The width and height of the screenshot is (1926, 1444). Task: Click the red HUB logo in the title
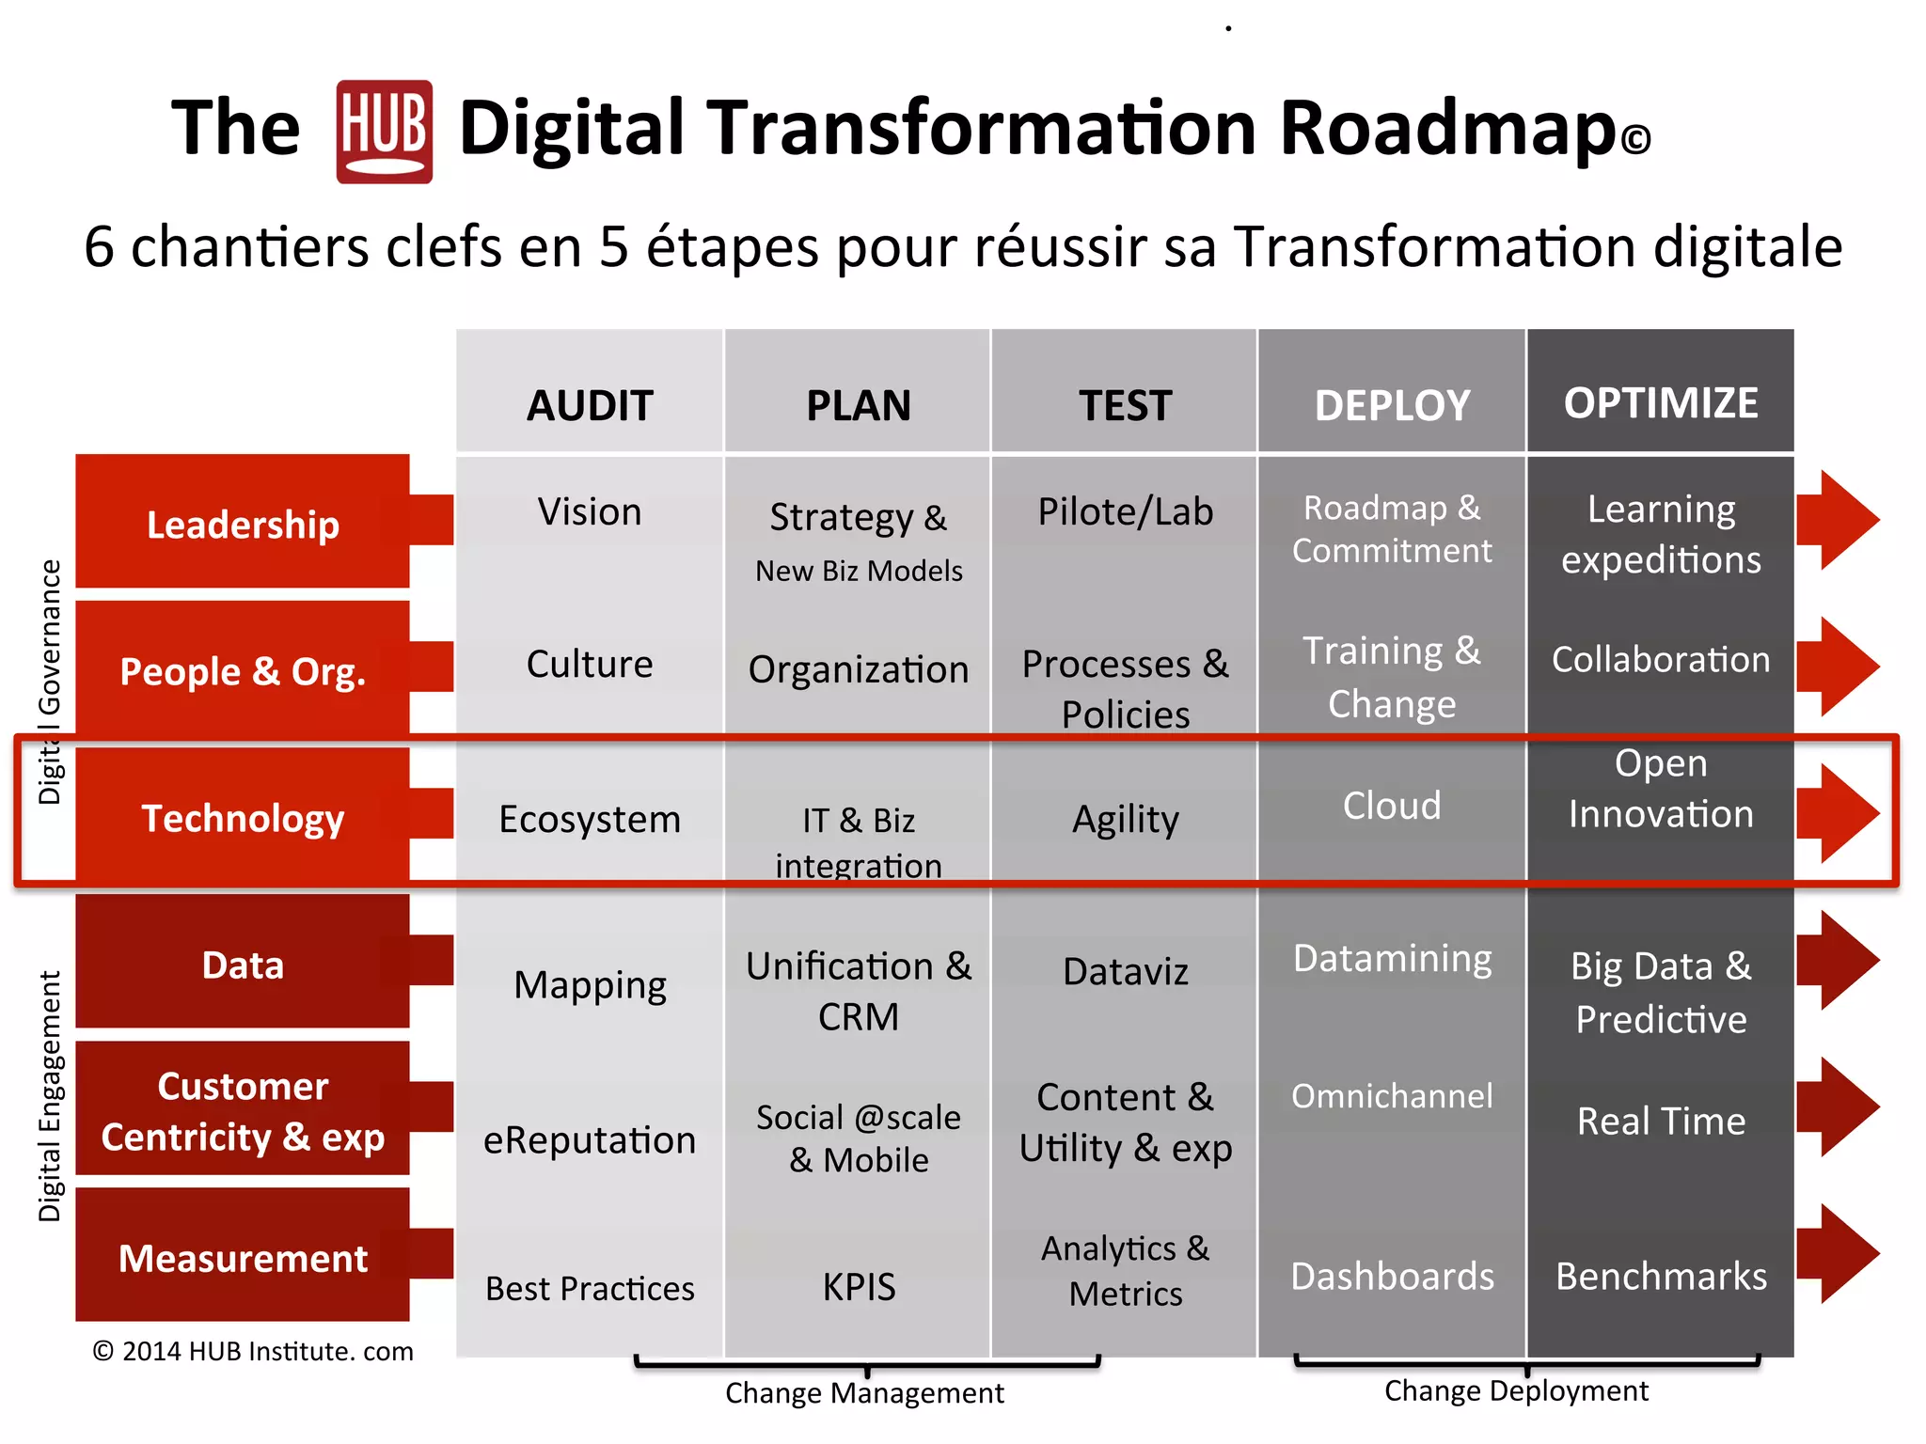coord(384,132)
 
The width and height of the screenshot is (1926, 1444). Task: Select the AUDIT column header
coord(590,405)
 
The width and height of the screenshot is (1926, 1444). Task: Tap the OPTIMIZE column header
coord(1661,403)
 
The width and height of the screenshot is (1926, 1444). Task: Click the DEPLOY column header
coord(1392,405)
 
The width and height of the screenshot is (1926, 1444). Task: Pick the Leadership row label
coord(243,524)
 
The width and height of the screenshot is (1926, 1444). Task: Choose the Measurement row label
coord(243,1258)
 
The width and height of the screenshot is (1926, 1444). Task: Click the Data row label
coord(243,965)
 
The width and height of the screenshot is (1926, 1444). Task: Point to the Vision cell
coord(590,512)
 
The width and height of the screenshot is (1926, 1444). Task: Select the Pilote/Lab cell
coord(1125,512)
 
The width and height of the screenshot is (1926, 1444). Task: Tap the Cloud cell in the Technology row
coord(1392,806)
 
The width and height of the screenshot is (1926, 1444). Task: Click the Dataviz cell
coord(1125,971)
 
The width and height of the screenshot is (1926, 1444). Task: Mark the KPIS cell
coord(859,1286)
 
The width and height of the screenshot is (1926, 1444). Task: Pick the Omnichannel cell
coord(1392,1096)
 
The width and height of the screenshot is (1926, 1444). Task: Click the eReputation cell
coord(590,1140)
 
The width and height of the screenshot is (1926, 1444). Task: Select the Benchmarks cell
coord(1661,1277)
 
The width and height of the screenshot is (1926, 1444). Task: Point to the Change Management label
coord(864,1393)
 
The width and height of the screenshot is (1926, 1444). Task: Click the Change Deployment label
coord(1516,1390)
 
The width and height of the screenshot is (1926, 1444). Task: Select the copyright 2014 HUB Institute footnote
coord(253,1352)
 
